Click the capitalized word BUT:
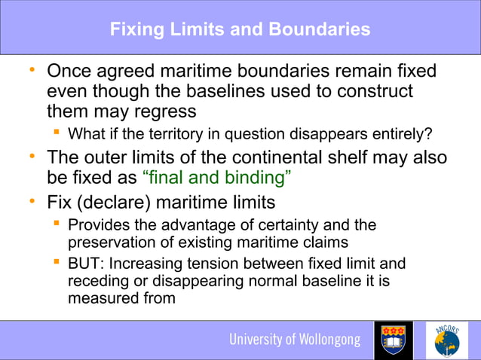(86, 264)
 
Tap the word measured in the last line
(100, 297)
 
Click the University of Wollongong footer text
(295, 340)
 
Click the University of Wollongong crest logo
(394, 340)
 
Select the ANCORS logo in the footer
(447, 340)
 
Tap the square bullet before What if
(57, 135)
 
